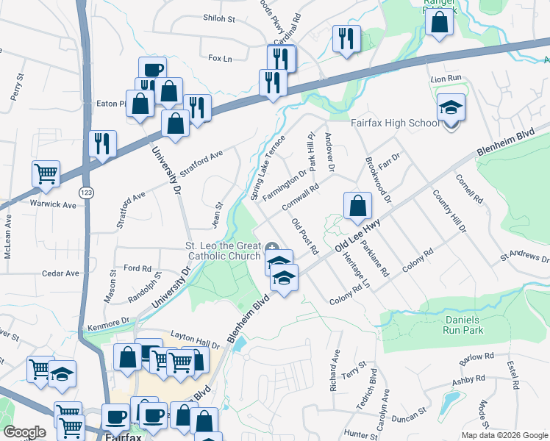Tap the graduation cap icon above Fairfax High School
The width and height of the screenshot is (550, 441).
click(451, 108)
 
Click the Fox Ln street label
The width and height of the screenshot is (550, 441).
click(220, 57)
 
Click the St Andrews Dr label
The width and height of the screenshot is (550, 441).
click(524, 258)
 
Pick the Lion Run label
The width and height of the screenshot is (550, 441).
click(445, 77)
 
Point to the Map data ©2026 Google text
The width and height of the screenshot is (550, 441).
click(504, 435)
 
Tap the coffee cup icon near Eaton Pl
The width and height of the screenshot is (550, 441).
click(151, 70)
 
